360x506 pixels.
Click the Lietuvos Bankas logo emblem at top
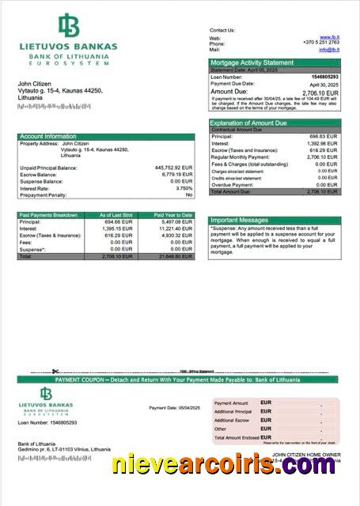(x=69, y=27)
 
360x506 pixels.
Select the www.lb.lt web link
(x=330, y=37)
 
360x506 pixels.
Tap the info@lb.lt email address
(x=329, y=49)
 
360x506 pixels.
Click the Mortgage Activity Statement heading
(x=251, y=62)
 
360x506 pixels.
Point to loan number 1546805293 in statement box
(x=324, y=76)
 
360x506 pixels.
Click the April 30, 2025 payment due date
(x=324, y=83)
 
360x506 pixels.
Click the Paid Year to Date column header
(x=172, y=215)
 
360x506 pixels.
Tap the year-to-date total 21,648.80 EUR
(x=174, y=256)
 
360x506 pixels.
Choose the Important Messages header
(x=240, y=221)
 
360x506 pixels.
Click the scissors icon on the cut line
(x=56, y=372)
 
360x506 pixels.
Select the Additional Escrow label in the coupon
(x=233, y=420)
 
